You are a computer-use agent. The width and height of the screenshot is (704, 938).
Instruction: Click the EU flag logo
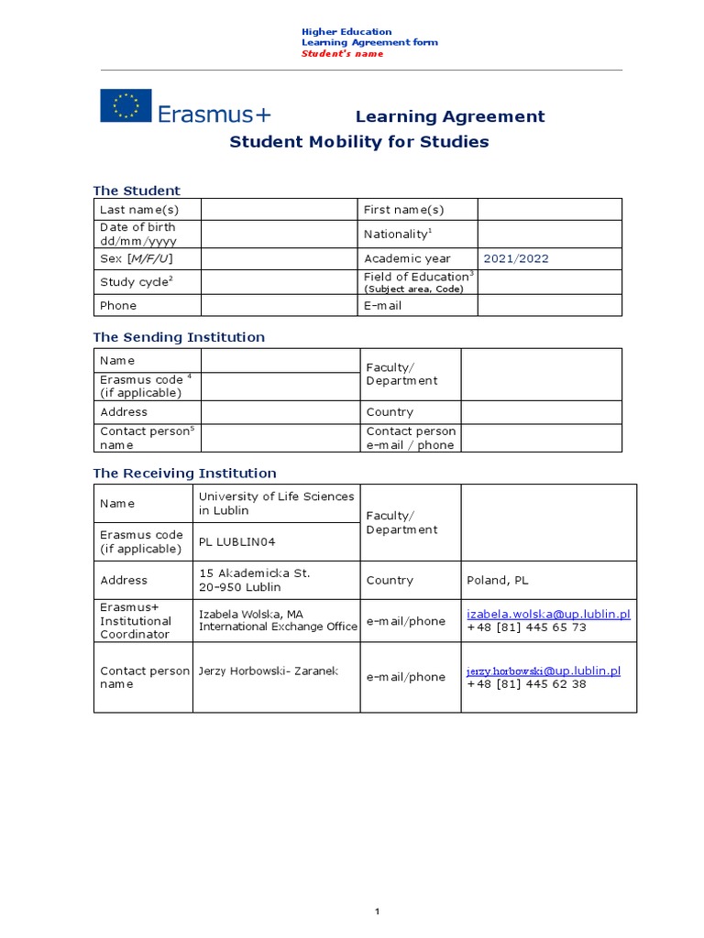coord(126,105)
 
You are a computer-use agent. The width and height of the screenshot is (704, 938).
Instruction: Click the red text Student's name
coord(342,54)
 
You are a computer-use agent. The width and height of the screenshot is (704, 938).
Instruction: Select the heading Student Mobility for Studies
coord(358,142)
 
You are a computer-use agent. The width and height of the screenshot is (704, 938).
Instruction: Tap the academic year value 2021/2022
coord(516,258)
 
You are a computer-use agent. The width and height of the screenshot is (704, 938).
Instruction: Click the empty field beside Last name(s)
coord(280,210)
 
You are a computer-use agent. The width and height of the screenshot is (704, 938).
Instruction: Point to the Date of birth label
coord(137,234)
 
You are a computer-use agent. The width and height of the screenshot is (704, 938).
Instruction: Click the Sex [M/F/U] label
coord(136,258)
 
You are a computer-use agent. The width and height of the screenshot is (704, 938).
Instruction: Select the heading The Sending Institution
coord(179,337)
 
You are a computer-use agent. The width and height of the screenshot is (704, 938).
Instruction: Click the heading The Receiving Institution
coord(184,474)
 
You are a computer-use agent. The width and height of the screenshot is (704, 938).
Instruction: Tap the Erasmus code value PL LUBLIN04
coord(236,542)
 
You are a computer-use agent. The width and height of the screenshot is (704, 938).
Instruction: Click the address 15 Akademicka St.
coord(254,573)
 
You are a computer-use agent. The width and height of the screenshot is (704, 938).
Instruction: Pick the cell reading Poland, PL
coord(498,581)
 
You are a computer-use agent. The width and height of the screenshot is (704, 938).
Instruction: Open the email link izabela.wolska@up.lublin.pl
coord(548,614)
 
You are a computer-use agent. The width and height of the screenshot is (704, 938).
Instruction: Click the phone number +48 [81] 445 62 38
coord(526,684)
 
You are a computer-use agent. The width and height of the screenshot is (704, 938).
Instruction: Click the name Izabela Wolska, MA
coord(251,614)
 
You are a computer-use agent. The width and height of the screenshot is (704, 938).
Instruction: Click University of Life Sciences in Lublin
coord(276,503)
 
